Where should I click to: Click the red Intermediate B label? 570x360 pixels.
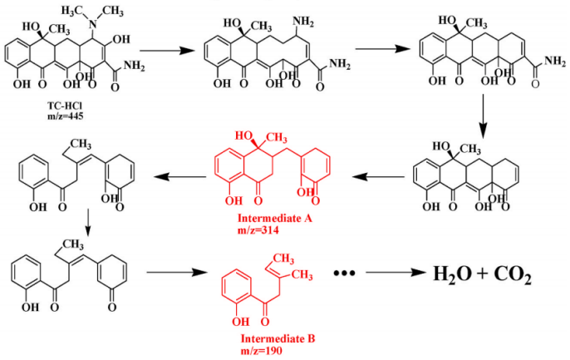tap(277, 338)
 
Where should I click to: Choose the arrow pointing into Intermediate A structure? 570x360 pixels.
tap(376, 175)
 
